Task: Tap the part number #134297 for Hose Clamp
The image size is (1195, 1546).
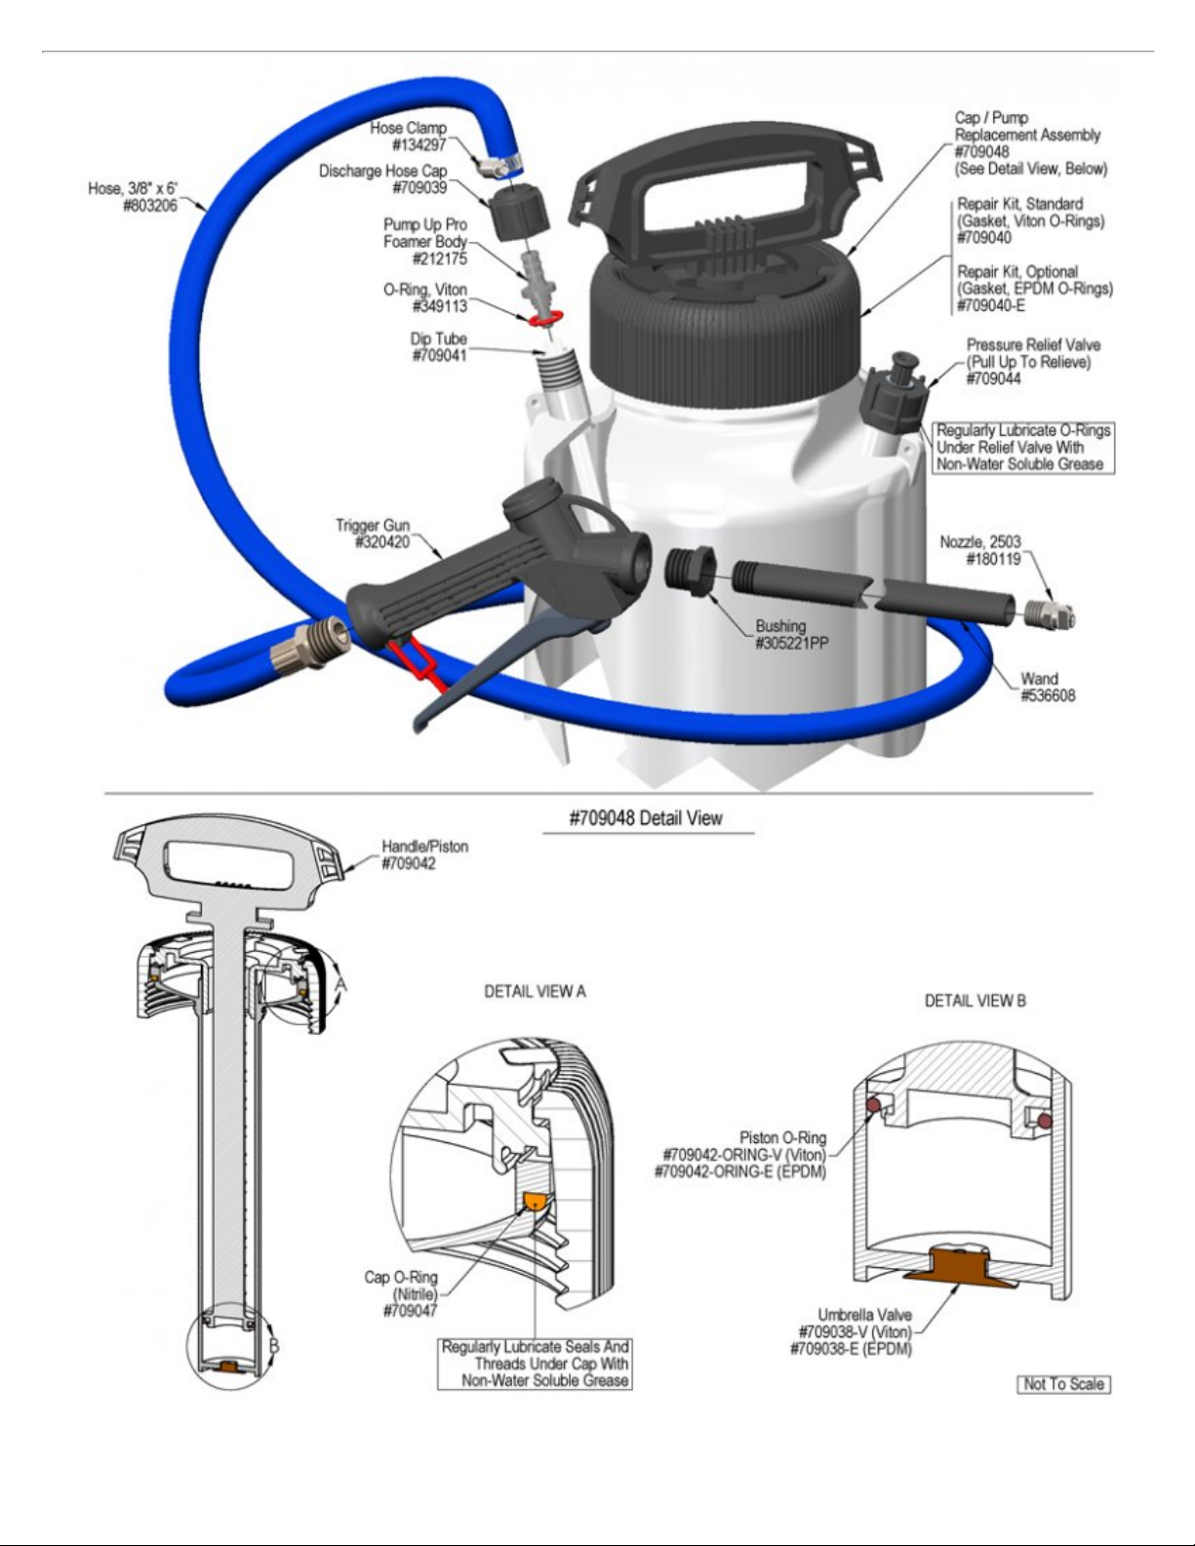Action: (x=418, y=145)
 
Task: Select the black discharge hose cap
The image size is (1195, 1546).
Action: (x=519, y=213)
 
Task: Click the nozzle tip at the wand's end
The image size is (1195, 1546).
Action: (x=1050, y=613)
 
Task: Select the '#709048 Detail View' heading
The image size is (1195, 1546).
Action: (x=646, y=818)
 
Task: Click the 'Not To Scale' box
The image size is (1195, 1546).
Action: (x=1063, y=1384)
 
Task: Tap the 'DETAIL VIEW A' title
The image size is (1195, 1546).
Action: (x=535, y=992)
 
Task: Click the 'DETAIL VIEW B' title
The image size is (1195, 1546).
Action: (x=976, y=1001)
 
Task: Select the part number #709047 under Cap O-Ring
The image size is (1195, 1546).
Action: (x=411, y=1311)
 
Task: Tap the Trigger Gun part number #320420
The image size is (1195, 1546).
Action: (x=382, y=543)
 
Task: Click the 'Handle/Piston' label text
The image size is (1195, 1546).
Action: (x=425, y=847)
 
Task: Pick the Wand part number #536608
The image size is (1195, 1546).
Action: (x=1048, y=695)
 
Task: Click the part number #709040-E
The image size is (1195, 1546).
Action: (x=991, y=306)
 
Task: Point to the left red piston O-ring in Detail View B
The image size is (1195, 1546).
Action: (x=873, y=1104)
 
